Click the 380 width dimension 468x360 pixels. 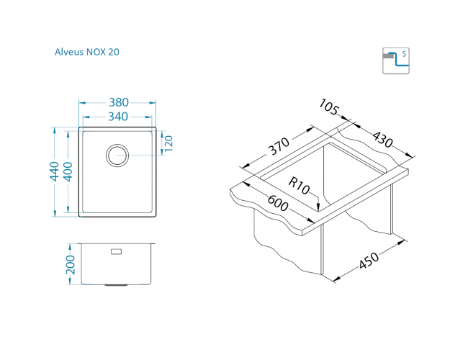pyautogui.click(x=117, y=102)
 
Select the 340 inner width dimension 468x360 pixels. pyautogui.click(x=117, y=116)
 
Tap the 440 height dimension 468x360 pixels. pyautogui.click(x=54, y=172)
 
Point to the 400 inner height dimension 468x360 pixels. pyautogui.click(x=68, y=172)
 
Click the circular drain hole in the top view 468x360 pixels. pyautogui.click(x=117, y=153)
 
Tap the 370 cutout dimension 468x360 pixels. pyautogui.click(x=278, y=148)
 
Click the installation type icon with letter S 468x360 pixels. pyautogui.click(x=395, y=60)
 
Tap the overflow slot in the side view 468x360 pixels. pyautogui.click(x=117, y=252)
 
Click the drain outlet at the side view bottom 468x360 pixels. pyautogui.click(x=115, y=285)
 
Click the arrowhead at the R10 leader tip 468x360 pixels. pyautogui.click(x=318, y=209)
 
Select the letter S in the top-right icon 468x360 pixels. pyautogui.click(x=404, y=54)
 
